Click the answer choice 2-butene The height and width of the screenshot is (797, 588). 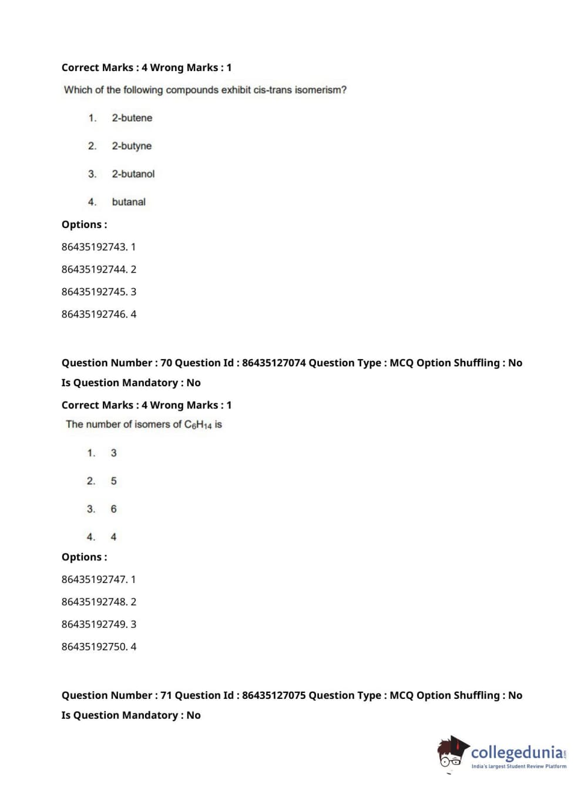(x=132, y=118)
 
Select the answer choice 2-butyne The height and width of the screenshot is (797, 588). (x=132, y=146)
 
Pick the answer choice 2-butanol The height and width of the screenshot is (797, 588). (x=133, y=174)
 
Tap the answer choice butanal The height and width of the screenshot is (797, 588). (x=129, y=202)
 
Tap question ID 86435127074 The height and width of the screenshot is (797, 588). (x=274, y=363)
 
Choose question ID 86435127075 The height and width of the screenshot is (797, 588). (x=274, y=696)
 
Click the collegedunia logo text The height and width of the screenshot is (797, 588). (x=517, y=752)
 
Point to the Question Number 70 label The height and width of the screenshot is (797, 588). (x=116, y=363)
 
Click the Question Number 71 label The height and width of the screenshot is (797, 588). (x=116, y=696)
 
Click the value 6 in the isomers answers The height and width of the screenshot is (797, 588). (x=113, y=510)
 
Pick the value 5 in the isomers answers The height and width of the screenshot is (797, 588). (x=113, y=481)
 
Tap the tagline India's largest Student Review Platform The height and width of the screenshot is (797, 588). (x=519, y=766)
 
